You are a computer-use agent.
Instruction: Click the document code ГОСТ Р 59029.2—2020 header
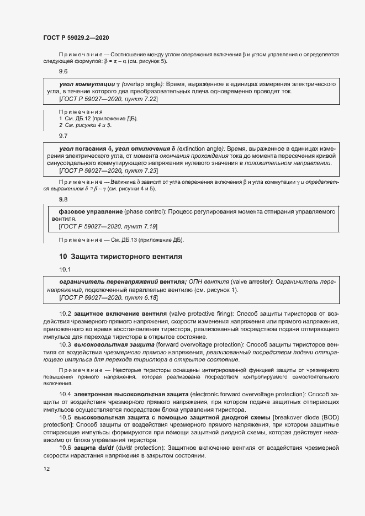coord(76,38)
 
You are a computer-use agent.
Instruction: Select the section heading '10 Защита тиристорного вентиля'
coord(120,256)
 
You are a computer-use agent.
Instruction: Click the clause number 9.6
coord(63,72)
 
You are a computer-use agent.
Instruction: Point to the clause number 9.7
coord(63,135)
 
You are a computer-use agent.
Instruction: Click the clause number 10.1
coord(65,269)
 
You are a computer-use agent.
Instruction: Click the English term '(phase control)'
coord(144,211)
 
